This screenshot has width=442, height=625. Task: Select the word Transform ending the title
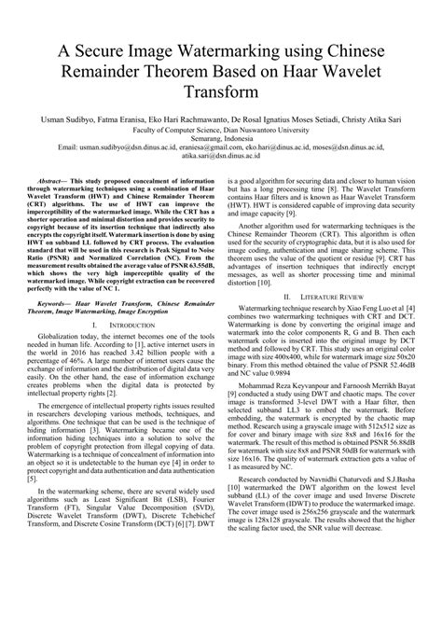pyautogui.click(x=221, y=92)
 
